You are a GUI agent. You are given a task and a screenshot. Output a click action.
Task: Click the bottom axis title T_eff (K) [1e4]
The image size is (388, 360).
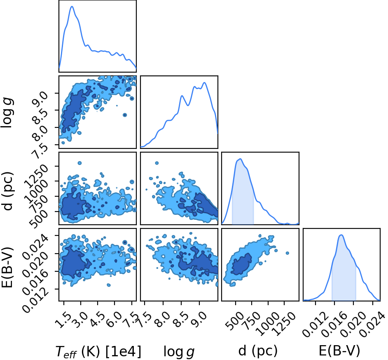(98, 351)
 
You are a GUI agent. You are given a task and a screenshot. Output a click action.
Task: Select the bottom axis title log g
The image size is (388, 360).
(179, 352)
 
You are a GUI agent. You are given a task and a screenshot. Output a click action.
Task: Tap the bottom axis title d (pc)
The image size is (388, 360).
(258, 351)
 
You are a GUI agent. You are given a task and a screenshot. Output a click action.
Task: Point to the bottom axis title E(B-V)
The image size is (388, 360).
(339, 351)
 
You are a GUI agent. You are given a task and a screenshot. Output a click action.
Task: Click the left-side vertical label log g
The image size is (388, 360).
(7, 113)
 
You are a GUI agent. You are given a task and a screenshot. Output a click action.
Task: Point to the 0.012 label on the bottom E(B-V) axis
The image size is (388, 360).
(313, 324)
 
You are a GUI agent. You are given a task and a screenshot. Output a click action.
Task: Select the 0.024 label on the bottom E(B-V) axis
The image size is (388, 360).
(371, 324)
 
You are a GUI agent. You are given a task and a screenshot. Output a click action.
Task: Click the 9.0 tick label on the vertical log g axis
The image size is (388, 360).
(40, 97)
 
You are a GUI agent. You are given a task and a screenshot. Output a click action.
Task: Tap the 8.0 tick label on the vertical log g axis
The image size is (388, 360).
(40, 132)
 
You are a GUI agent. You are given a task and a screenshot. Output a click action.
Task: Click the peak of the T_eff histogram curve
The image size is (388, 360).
(72, 7)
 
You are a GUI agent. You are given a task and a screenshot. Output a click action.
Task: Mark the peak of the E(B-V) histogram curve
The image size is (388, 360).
(341, 235)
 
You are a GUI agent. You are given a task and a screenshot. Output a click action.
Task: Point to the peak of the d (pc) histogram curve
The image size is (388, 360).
(240, 159)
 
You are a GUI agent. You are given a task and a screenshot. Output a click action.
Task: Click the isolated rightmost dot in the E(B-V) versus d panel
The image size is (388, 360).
(287, 253)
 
